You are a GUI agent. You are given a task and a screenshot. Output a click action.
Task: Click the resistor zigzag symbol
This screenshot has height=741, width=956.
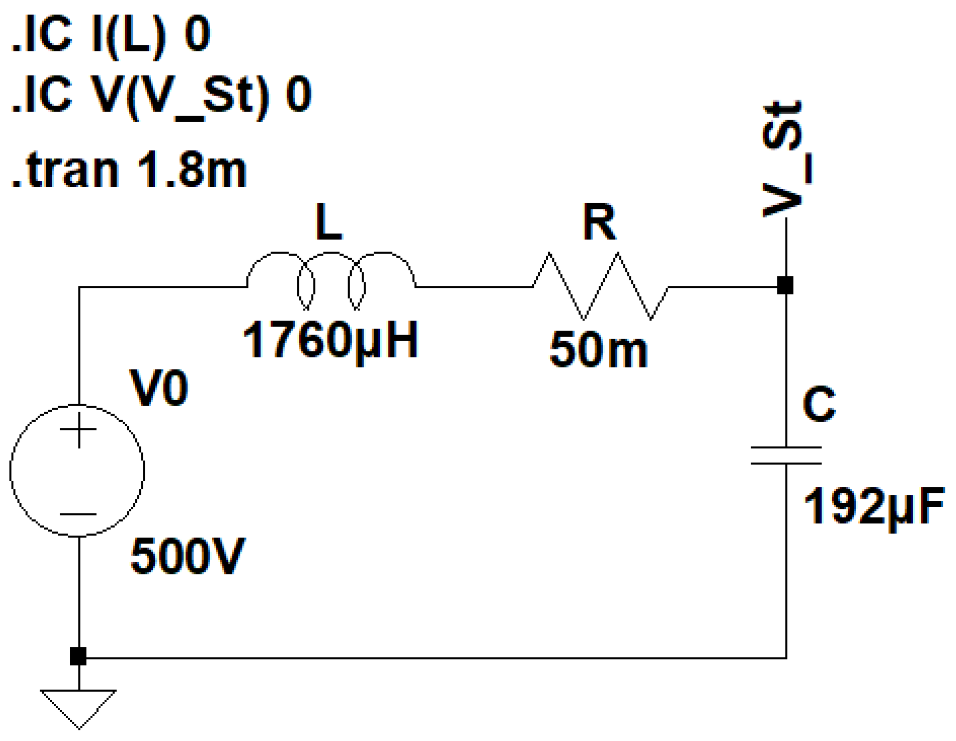click(600, 286)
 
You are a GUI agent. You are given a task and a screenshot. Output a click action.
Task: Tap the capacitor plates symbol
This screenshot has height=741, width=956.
click(786, 456)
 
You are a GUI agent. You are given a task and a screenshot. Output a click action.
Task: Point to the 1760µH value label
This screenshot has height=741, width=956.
click(330, 340)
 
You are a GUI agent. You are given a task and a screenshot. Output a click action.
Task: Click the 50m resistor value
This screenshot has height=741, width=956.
click(599, 350)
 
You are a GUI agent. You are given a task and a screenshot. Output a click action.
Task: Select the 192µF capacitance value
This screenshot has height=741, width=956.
click(874, 506)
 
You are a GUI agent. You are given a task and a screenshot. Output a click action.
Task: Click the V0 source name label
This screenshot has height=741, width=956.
click(159, 388)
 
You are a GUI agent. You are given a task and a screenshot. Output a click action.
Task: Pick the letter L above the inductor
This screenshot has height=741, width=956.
click(328, 222)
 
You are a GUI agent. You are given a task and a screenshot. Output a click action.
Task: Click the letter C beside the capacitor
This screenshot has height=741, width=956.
click(819, 404)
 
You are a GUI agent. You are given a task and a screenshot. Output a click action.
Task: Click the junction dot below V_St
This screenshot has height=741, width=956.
click(785, 286)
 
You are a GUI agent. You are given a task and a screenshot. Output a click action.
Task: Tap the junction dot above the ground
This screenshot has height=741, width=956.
click(78, 656)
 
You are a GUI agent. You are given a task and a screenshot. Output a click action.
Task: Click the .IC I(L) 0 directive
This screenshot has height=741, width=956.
click(111, 35)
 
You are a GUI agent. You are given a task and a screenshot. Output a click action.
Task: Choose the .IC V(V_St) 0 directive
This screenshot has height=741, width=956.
click(161, 95)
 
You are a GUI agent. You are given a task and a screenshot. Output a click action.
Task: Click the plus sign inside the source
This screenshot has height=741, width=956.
click(78, 430)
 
